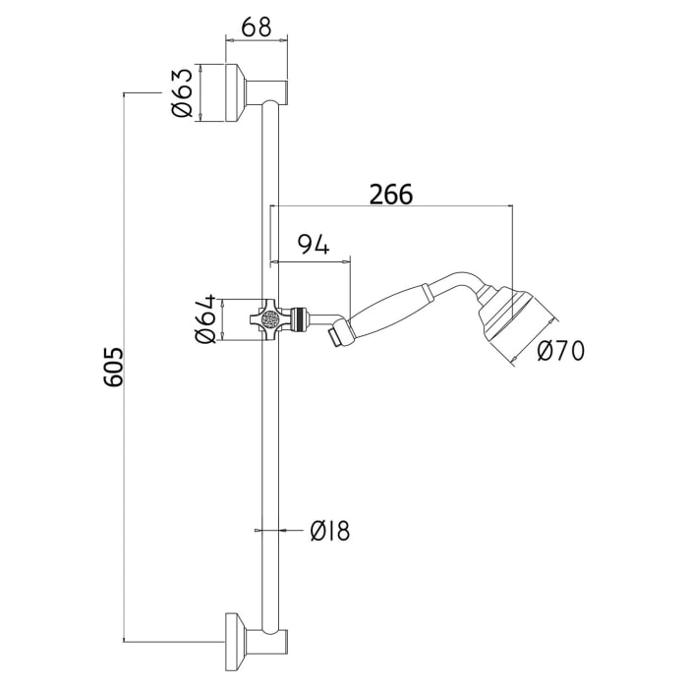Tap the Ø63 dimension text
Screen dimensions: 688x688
point(182,95)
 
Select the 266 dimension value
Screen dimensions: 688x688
point(391,194)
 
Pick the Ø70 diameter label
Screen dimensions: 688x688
point(560,350)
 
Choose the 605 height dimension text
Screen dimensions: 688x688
point(114,367)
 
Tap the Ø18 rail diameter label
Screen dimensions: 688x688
point(329,532)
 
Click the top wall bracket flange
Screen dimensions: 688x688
point(236,94)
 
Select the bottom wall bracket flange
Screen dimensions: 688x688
point(236,641)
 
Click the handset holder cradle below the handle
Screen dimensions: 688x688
point(336,336)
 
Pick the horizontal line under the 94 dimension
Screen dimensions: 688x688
point(310,260)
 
